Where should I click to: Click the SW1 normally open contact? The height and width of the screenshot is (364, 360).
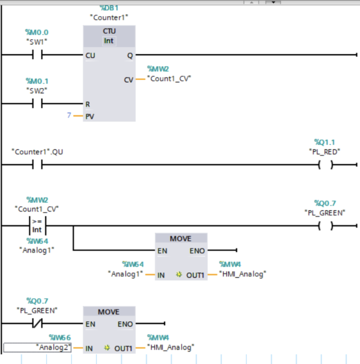pos(37,55)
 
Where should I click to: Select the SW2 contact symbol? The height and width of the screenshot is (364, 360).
pos(37,103)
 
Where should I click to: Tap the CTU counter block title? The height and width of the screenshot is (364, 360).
pos(109,31)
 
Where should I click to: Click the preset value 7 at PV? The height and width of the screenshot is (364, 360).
pos(69,115)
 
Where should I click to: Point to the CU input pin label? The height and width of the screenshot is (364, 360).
pos(90,55)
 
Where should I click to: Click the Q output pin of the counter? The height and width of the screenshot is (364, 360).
pos(130,55)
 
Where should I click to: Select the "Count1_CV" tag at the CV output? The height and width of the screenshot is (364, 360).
pos(169,79)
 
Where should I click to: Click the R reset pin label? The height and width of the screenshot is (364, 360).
pos(87,104)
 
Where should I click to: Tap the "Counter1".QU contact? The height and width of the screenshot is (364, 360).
pos(37,165)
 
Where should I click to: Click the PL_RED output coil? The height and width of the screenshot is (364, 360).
pos(326,165)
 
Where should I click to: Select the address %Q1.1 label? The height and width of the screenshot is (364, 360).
pos(324,142)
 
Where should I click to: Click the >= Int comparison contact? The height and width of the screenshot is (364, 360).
pos(37,226)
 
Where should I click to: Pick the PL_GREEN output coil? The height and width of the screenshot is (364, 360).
pos(326,226)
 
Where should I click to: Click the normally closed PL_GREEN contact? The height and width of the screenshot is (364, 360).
pos(37,323)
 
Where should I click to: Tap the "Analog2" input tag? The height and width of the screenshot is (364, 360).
pos(53,347)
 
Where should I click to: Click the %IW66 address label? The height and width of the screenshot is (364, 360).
pos(60,337)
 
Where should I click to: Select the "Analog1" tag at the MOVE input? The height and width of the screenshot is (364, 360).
pos(125,274)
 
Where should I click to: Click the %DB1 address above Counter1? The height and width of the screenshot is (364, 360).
pos(109,8)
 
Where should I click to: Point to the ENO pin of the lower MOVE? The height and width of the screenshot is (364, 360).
pos(125,324)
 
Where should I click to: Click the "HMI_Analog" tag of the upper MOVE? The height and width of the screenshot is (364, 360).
pos(243,274)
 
